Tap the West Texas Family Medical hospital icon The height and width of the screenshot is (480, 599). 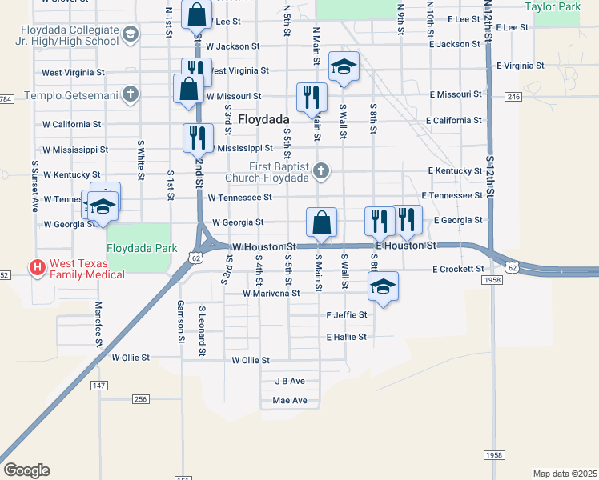pyautogui.click(x=36, y=267)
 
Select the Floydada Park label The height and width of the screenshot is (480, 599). pyautogui.click(x=142, y=248)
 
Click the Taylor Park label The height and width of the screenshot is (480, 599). pyautogui.click(x=552, y=6)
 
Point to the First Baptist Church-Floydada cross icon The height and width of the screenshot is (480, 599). pyautogui.click(x=321, y=170)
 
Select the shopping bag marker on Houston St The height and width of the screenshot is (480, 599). pyautogui.click(x=321, y=222)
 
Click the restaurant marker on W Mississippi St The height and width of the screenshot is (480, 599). pyautogui.click(x=198, y=138)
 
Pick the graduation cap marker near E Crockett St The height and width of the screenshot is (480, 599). pyautogui.click(x=384, y=287)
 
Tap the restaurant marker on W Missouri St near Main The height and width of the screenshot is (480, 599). pyautogui.click(x=310, y=97)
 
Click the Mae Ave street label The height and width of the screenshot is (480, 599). pyautogui.click(x=290, y=401)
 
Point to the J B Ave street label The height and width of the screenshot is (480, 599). pyautogui.click(x=290, y=382)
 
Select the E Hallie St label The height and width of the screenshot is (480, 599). pyautogui.click(x=346, y=338)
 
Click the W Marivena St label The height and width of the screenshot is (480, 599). pyautogui.click(x=271, y=294)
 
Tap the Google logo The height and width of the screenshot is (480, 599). pyautogui.click(x=26, y=470)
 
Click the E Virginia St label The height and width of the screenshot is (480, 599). pyautogui.click(x=521, y=66)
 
